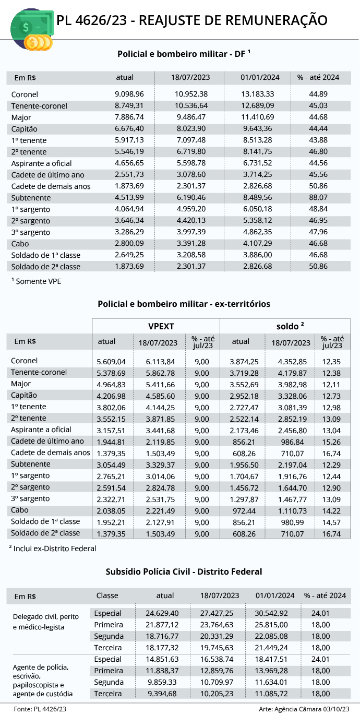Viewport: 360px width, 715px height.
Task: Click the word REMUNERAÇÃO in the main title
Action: (277, 20)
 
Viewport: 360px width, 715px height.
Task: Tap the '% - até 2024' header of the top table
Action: (318, 77)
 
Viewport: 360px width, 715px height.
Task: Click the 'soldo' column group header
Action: (290, 326)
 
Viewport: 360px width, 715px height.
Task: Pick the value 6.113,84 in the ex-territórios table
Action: (158, 361)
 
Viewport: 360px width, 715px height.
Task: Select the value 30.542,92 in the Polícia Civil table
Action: (275, 613)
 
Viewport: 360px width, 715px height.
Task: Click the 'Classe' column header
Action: (107, 595)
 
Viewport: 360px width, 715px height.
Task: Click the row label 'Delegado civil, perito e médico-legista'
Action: (45, 622)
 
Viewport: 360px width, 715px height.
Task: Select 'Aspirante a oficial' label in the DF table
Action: (41, 163)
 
